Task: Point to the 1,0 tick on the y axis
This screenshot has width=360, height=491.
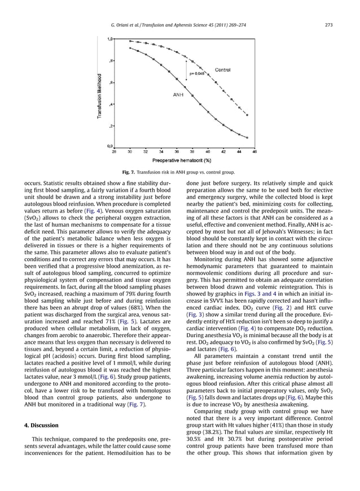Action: pos(109,39)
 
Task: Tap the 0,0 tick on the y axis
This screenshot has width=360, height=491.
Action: pos(109,147)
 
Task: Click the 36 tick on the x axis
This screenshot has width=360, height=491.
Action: pos(176,152)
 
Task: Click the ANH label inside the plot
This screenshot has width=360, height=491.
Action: pos(179,95)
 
